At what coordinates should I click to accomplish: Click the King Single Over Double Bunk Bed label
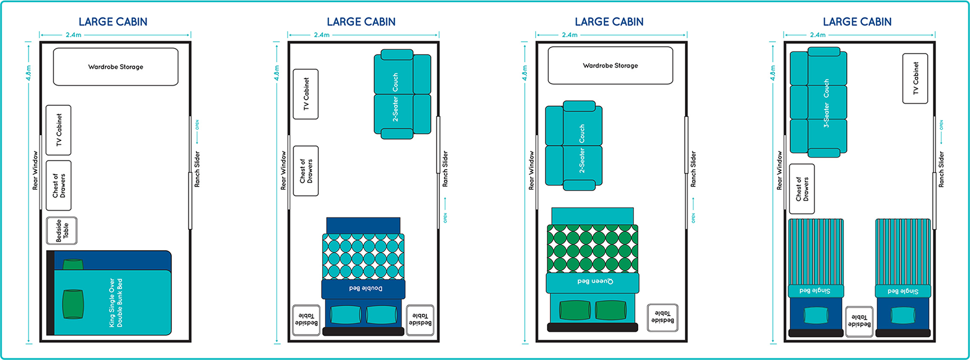click(x=115, y=303)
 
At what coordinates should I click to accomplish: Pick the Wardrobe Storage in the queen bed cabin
click(x=610, y=65)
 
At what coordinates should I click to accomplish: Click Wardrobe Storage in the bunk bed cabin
click(x=115, y=66)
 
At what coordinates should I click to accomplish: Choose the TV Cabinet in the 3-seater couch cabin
click(x=915, y=78)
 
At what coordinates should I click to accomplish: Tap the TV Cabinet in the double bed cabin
click(x=306, y=94)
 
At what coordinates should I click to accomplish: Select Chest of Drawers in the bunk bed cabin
click(x=59, y=185)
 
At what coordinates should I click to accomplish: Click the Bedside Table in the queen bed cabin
click(x=662, y=317)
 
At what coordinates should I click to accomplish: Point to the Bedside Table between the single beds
click(x=859, y=321)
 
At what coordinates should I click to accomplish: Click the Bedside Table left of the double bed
click(x=306, y=320)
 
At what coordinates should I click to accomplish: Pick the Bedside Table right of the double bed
click(x=420, y=319)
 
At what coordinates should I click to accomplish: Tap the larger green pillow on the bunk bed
click(x=73, y=304)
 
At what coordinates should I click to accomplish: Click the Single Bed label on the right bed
click(x=902, y=291)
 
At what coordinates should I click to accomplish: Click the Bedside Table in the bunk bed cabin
click(x=62, y=230)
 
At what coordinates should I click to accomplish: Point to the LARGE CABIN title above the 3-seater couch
click(x=857, y=22)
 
